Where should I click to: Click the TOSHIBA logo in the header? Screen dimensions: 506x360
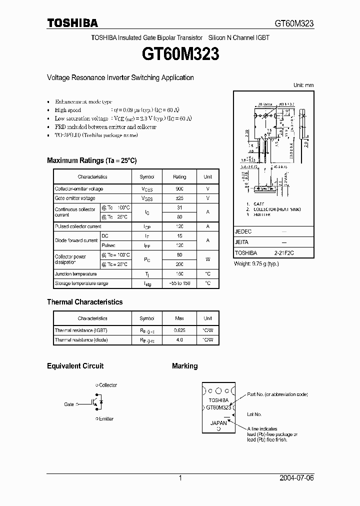click(x=72, y=23)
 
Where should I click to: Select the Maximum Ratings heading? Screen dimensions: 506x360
click(x=91, y=160)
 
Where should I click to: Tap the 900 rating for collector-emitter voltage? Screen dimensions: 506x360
click(x=179, y=189)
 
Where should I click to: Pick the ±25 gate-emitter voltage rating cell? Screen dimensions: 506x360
click(x=179, y=198)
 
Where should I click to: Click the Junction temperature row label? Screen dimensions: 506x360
click(x=76, y=274)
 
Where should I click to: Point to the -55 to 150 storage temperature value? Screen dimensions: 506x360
click(x=179, y=283)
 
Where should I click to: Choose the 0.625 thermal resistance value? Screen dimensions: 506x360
click(x=179, y=330)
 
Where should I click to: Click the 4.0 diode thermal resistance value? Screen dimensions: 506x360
click(x=179, y=340)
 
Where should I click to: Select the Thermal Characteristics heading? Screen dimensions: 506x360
click(x=84, y=302)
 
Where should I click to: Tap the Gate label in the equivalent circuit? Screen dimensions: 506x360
click(x=69, y=404)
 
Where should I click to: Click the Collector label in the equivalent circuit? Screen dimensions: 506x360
click(x=107, y=385)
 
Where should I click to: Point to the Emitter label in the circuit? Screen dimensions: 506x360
click(x=106, y=419)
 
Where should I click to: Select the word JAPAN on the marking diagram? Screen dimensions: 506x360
click(x=218, y=423)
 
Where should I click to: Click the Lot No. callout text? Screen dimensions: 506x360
click(x=254, y=414)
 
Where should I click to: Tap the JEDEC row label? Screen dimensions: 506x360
click(x=243, y=232)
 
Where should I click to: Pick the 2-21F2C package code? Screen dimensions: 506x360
click(x=283, y=253)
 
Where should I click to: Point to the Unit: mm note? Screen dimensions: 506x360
click(x=303, y=85)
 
